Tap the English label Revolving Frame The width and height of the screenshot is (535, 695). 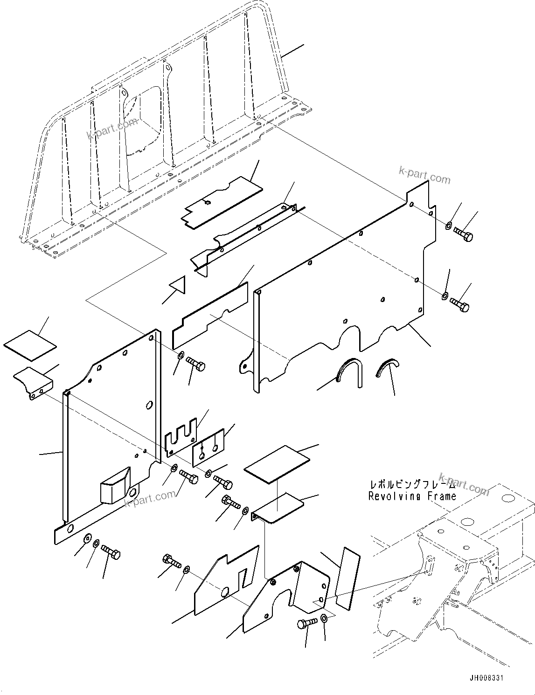[412, 496]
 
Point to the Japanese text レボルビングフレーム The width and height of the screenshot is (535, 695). [411, 484]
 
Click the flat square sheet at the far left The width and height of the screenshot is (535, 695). [30, 345]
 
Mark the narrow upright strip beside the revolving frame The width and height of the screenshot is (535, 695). [348, 578]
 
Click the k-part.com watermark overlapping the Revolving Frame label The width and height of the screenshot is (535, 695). [464, 486]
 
